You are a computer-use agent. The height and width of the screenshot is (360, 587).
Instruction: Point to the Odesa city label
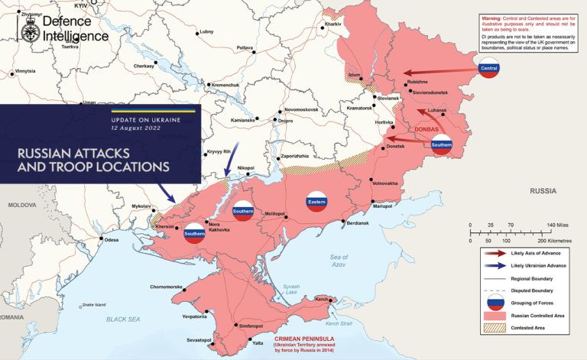click(112, 240)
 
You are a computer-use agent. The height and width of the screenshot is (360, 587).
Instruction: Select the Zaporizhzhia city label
click(295, 156)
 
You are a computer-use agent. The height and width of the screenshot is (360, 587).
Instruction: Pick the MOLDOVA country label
click(22, 206)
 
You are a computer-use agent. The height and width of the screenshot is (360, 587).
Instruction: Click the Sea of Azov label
click(339, 261)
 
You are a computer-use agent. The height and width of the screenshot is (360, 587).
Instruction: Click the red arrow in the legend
click(495, 253)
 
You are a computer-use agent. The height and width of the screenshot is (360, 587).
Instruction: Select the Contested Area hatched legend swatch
click(495, 329)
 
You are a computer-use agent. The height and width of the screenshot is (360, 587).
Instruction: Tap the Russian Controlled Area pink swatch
click(495, 315)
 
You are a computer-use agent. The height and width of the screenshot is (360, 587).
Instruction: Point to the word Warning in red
click(495, 17)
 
